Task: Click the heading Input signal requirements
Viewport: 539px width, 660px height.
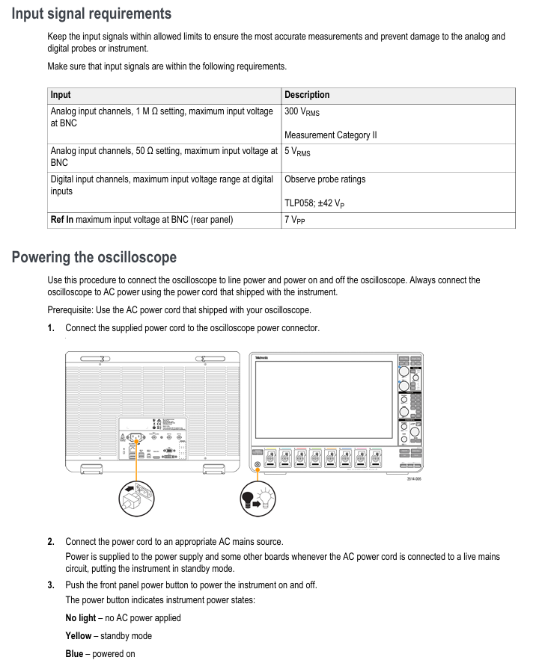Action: [91, 14]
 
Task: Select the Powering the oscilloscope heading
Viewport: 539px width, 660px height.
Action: [94, 258]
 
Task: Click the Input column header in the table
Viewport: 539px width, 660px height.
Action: [61, 95]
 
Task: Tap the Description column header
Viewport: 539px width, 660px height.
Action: [307, 95]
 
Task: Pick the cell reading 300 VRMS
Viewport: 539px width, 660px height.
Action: [302, 112]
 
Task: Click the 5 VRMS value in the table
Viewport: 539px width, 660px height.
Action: [297, 152]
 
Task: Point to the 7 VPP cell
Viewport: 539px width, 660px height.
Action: [294, 220]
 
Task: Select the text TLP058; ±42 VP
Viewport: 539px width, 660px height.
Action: [314, 203]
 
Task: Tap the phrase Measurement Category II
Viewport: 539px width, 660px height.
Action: [330, 135]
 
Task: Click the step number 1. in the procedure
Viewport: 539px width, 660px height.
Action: [51, 328]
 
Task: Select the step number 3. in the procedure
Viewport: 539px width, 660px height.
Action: [51, 585]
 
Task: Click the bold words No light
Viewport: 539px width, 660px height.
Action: [81, 618]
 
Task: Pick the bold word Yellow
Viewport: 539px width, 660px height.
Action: [79, 636]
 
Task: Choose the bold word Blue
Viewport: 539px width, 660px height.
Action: [75, 654]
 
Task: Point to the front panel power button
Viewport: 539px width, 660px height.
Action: [258, 465]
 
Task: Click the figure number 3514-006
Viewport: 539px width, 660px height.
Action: [413, 478]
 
